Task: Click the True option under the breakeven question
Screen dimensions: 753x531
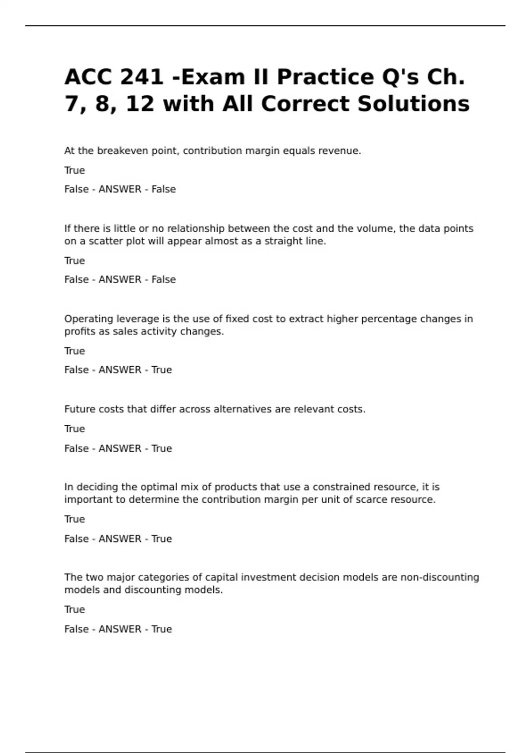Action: click(74, 171)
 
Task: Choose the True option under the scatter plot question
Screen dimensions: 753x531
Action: click(74, 261)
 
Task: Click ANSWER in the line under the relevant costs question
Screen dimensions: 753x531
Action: click(119, 449)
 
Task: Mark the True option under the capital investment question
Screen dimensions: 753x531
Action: click(74, 609)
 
